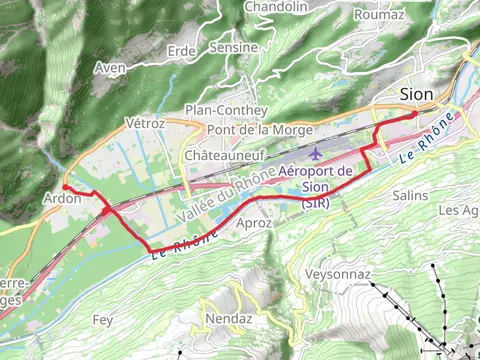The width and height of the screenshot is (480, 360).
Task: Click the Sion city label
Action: (x=416, y=93)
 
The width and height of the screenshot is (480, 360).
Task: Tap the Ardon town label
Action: (x=61, y=198)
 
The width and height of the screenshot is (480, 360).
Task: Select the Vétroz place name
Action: (x=144, y=122)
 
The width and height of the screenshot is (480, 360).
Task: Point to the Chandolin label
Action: (x=276, y=7)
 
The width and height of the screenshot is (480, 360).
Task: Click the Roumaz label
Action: (x=379, y=15)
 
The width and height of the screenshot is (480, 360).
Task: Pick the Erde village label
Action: (x=181, y=50)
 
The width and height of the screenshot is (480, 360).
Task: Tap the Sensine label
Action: (x=233, y=47)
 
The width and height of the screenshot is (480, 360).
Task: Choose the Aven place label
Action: (x=109, y=68)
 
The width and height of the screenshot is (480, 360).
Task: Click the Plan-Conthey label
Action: (x=227, y=110)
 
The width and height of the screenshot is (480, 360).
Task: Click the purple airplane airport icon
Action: (x=317, y=154)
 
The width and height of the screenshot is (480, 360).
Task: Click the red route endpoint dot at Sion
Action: (x=414, y=115)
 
